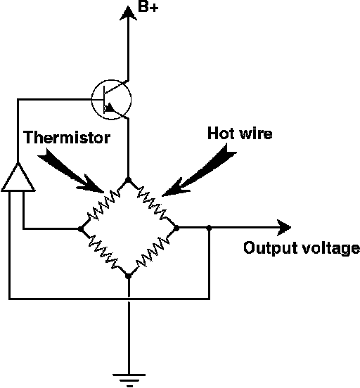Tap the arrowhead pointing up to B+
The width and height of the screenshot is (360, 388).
pos(128,13)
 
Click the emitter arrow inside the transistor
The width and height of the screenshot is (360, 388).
pos(109,108)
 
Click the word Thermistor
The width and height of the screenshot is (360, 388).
pos(67,137)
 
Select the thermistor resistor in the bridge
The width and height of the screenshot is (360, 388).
pos(104,205)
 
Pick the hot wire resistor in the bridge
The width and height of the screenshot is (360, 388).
pos(152,203)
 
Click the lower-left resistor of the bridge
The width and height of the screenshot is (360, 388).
pos(103,252)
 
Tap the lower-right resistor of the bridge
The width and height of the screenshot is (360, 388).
pos(153,252)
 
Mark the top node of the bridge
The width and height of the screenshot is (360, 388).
pos(128,179)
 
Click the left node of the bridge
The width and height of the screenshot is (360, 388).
pos(81,228)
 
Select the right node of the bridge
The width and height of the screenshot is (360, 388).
pos(176,228)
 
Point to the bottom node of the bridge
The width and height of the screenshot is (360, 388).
pos(128,276)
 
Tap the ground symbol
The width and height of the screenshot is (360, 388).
pos(129,380)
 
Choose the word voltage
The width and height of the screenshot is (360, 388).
pos(330,249)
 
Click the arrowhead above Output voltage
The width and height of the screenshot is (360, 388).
pos(284,227)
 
